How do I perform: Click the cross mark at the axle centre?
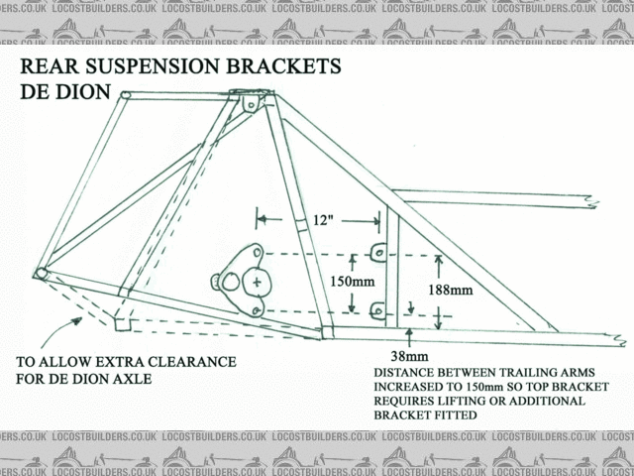(258, 284)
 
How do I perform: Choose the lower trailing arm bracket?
(377, 311)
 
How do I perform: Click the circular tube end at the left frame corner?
(42, 273)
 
